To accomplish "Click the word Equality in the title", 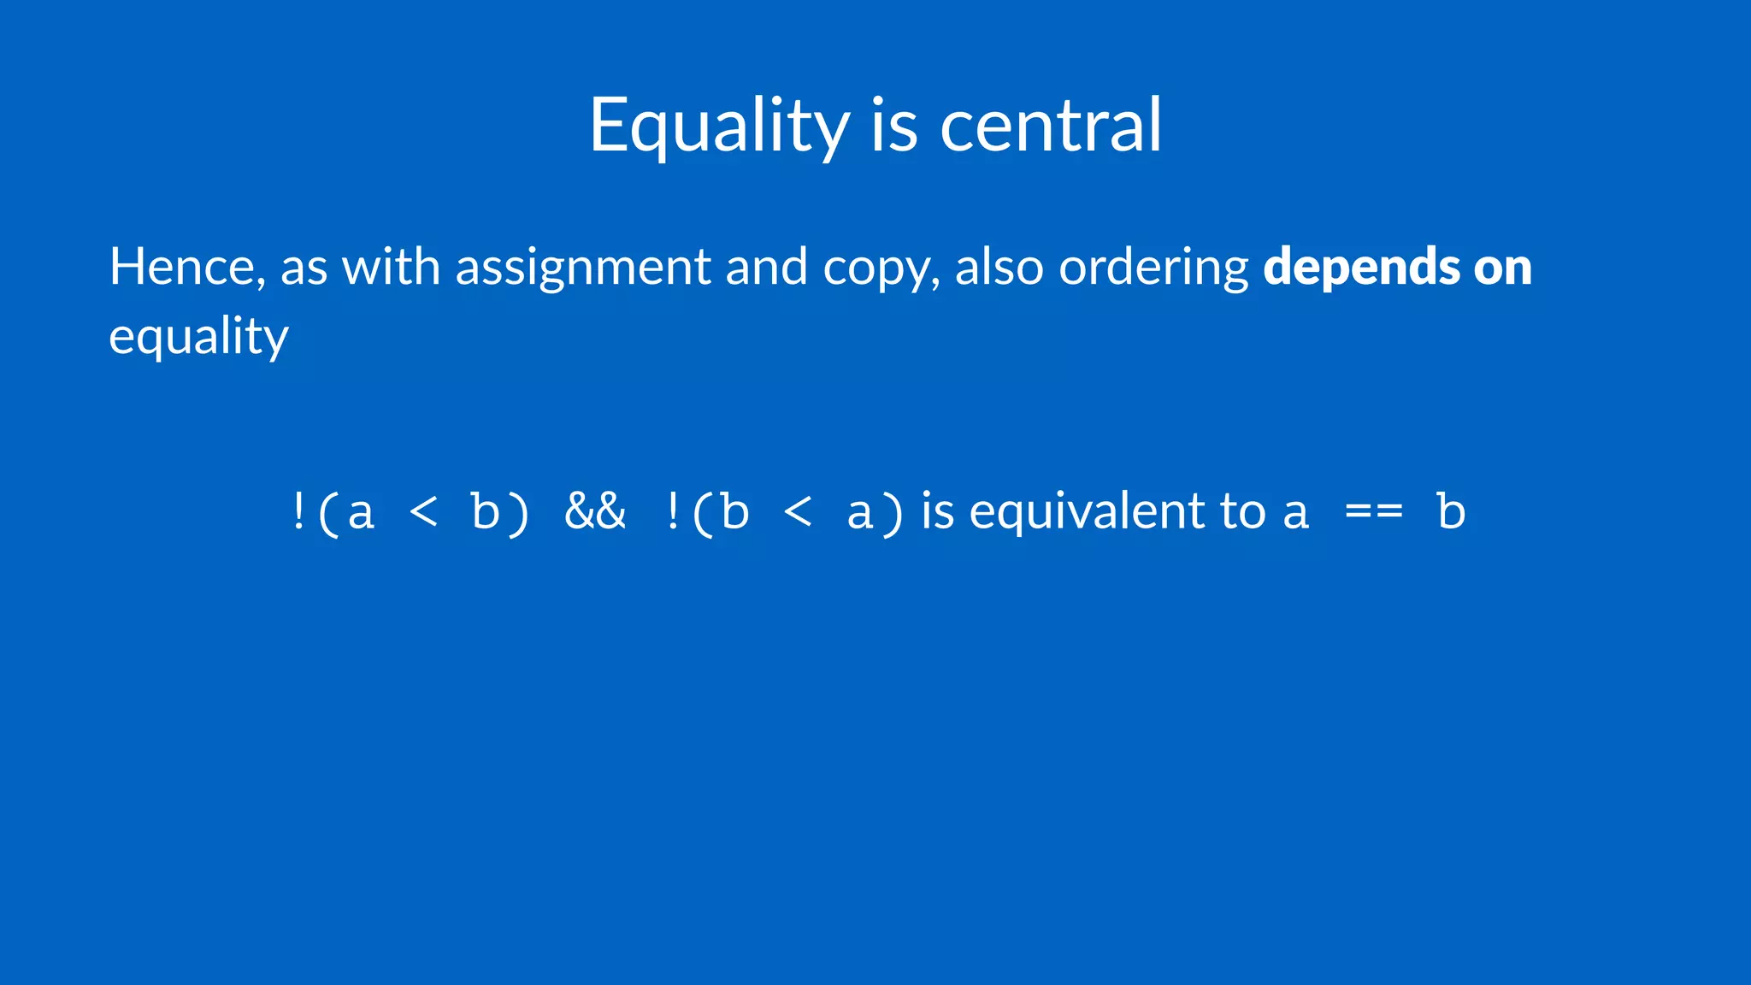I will coord(719,126).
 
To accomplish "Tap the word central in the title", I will coord(1051,126).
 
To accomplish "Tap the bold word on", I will coord(1502,267).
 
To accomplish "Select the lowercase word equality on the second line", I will coord(198,336).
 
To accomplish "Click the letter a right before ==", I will coord(1296,513).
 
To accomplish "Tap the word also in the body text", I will coord(999,267).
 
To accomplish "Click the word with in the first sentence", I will coord(391,267).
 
